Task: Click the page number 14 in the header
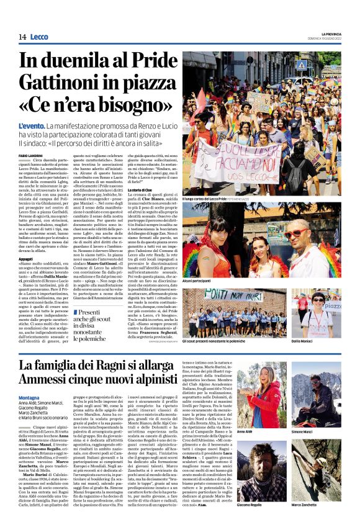click(22, 38)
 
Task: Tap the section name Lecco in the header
click(39, 38)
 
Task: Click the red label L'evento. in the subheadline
click(30, 125)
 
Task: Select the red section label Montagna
click(29, 397)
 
